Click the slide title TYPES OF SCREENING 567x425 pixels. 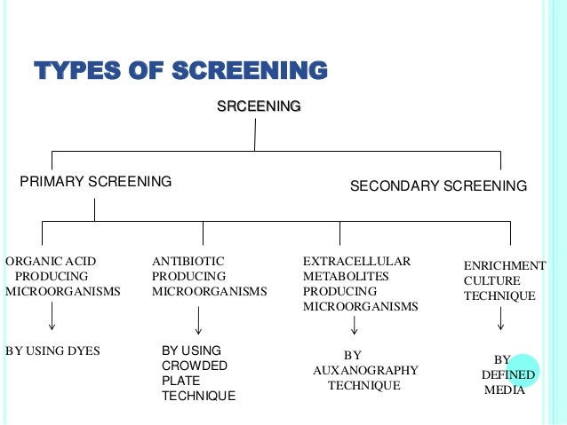180,70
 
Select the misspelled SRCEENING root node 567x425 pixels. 259,106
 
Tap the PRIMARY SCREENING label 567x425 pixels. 96,182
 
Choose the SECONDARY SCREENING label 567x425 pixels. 438,186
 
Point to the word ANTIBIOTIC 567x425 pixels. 188,261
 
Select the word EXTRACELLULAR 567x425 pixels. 356,261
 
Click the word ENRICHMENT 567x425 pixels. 505,265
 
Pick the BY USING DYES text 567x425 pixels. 53,350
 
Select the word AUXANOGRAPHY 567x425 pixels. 365,370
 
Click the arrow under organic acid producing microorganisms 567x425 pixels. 53,317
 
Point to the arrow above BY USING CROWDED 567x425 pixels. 198,320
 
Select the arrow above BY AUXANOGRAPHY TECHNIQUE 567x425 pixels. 355,326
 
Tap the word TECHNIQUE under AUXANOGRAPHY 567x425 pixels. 364,386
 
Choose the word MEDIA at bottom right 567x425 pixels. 504,390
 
